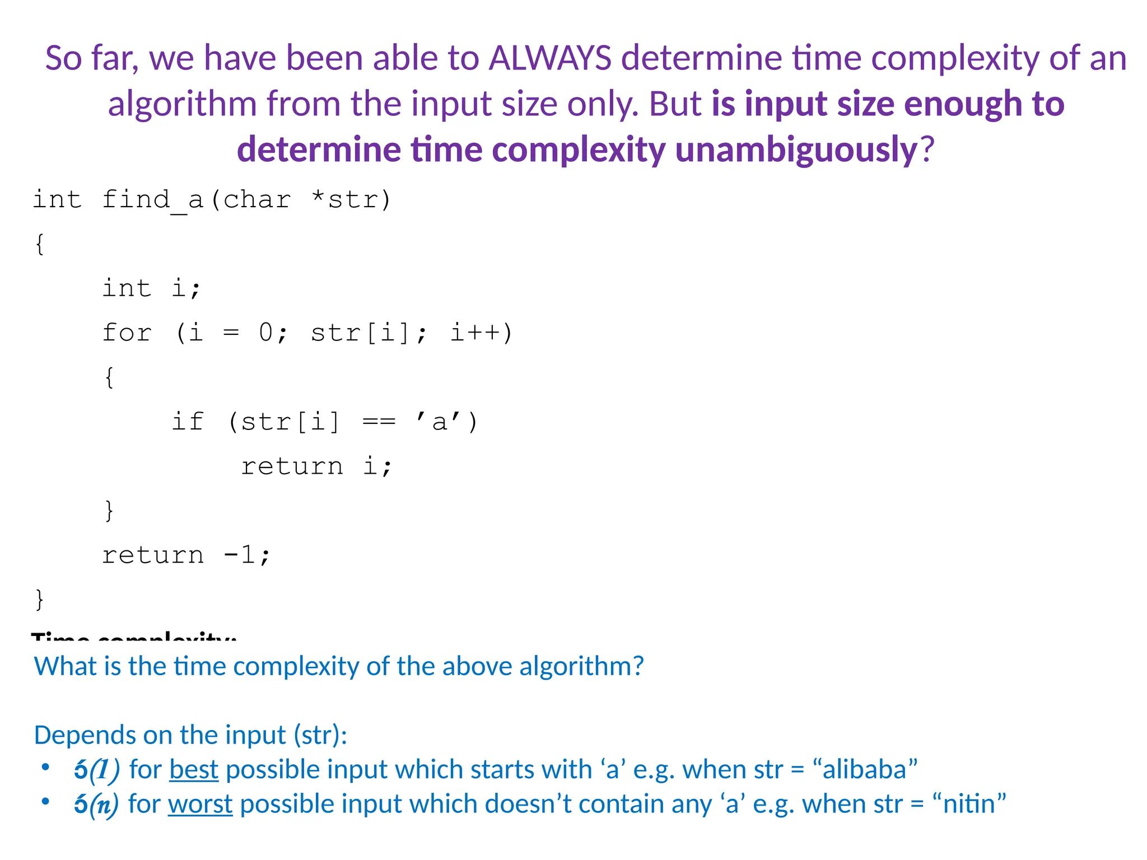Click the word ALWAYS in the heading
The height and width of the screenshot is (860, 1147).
point(550,58)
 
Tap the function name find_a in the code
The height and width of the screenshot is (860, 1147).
point(152,200)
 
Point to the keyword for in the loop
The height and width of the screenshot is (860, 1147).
point(127,333)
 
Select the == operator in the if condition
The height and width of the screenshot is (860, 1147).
point(379,422)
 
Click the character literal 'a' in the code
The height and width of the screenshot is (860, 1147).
point(439,422)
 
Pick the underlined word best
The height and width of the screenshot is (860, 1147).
point(194,770)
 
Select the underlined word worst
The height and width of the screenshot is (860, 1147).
point(200,805)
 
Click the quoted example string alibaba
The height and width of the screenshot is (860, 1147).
point(865,770)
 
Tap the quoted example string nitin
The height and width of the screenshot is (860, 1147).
point(969,805)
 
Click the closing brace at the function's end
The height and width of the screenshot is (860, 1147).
point(39,599)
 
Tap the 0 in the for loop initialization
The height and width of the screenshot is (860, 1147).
point(265,333)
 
